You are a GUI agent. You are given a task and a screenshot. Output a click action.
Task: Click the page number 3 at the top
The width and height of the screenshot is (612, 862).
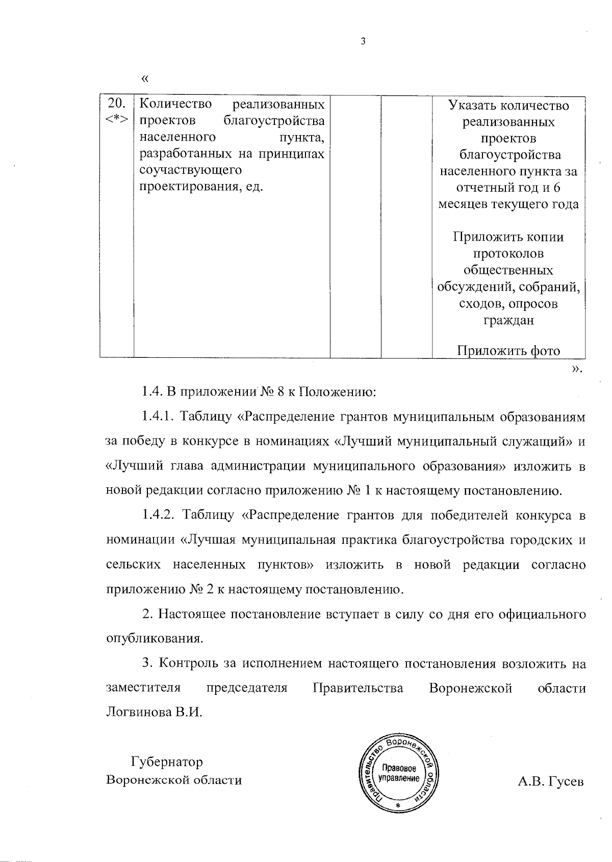[x=363, y=42]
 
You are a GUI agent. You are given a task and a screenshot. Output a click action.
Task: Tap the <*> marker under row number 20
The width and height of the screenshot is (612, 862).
[x=117, y=120]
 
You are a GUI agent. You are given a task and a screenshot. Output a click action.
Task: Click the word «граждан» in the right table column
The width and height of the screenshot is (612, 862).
[x=508, y=320]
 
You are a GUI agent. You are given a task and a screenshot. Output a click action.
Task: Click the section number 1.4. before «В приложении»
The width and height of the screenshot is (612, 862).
[x=152, y=393]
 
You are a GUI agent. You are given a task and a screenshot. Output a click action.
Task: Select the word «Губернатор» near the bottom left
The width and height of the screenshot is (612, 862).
[x=167, y=762]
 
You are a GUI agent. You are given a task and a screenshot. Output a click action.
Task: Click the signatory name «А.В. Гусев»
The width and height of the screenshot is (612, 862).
[x=550, y=781]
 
